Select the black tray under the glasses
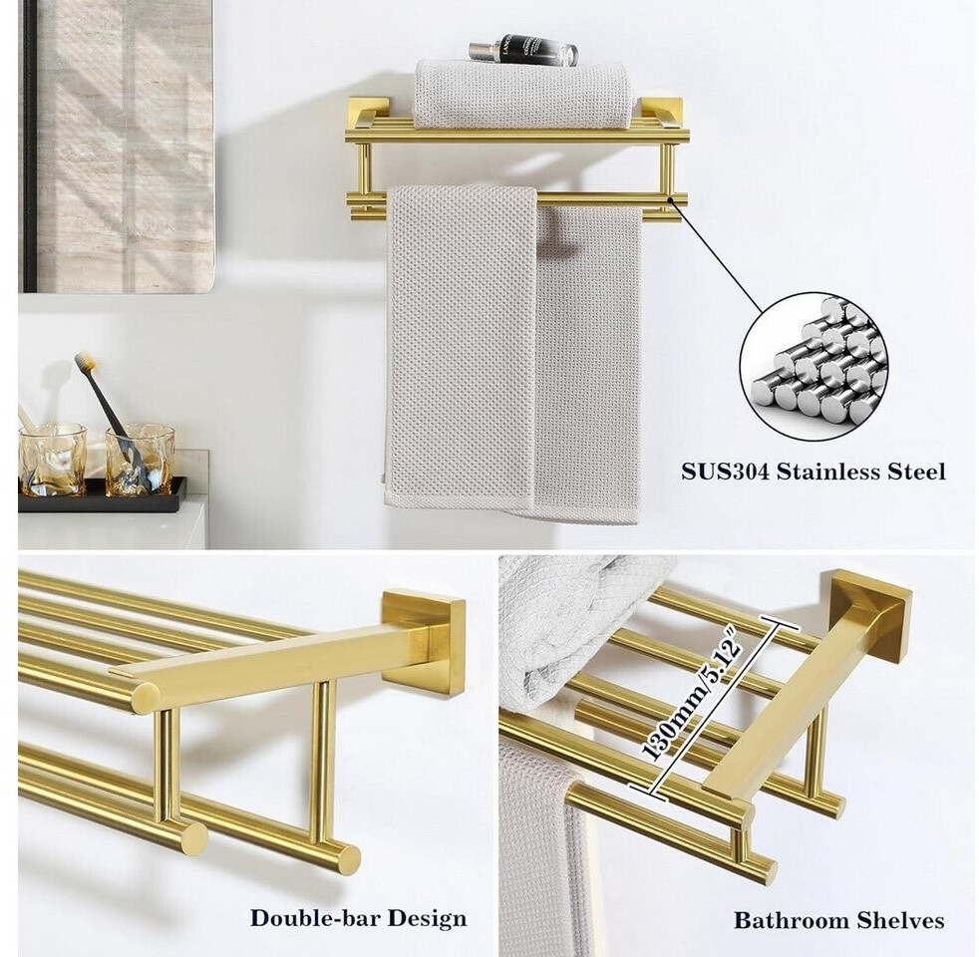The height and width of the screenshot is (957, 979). [x=103, y=494]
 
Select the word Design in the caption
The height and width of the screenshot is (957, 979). [x=427, y=919]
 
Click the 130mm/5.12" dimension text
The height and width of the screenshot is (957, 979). [x=690, y=699]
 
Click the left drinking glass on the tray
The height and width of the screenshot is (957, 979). [x=52, y=461]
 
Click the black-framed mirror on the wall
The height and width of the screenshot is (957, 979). [x=116, y=147]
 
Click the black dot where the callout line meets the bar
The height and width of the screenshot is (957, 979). [x=671, y=200]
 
